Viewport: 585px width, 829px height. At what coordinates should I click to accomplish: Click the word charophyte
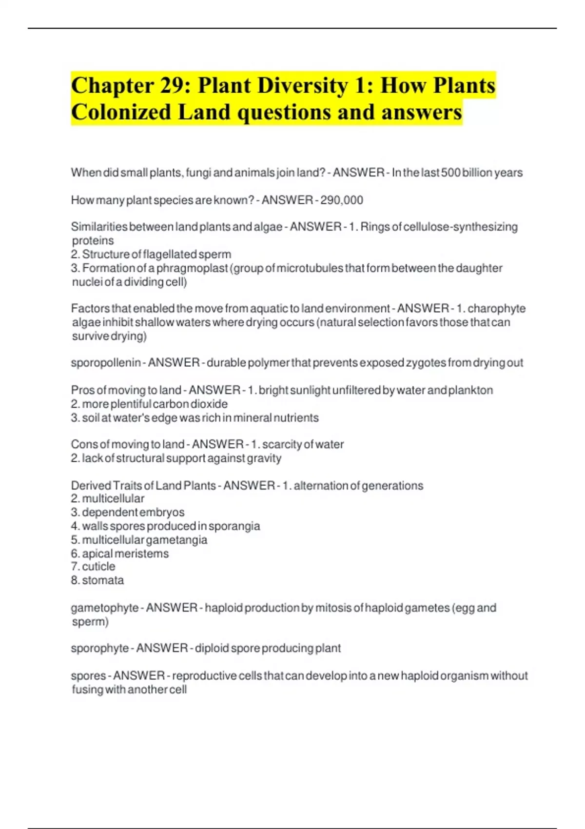[x=496, y=309]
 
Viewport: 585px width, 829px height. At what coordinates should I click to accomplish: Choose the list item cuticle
[x=98, y=567]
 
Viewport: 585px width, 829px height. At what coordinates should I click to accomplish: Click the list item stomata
[x=103, y=580]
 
